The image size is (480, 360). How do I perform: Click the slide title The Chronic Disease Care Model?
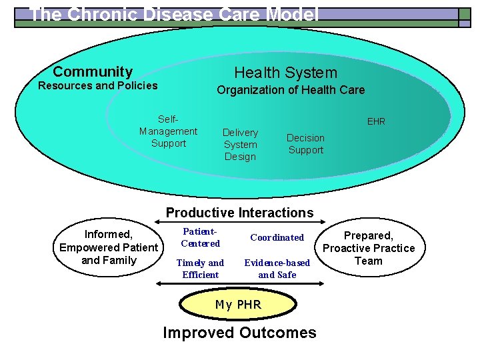click(x=175, y=15)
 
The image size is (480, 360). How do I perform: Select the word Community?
click(x=93, y=72)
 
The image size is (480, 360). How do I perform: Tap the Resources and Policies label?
click(x=98, y=85)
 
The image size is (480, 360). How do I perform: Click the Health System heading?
click(x=285, y=73)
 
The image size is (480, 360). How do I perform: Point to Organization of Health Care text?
click(x=291, y=90)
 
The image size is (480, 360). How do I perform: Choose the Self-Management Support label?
click(x=168, y=131)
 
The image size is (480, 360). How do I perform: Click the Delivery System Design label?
click(x=240, y=145)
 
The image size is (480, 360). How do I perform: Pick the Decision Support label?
click(x=305, y=144)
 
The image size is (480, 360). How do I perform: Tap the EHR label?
click(x=376, y=122)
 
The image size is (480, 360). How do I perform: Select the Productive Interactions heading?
click(x=239, y=213)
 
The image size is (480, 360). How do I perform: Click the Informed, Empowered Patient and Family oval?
click(x=109, y=247)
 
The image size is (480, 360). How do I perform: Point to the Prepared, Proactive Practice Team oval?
click(x=369, y=248)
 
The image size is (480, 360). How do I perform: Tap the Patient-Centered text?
click(x=200, y=237)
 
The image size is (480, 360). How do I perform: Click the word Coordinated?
click(x=277, y=237)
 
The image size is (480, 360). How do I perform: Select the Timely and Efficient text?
click(x=200, y=269)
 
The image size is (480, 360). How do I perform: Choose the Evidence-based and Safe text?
click(x=277, y=269)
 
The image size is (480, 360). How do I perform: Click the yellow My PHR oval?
click(x=239, y=305)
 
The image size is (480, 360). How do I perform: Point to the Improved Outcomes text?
click(x=239, y=333)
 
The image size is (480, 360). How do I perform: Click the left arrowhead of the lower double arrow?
click(x=159, y=283)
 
